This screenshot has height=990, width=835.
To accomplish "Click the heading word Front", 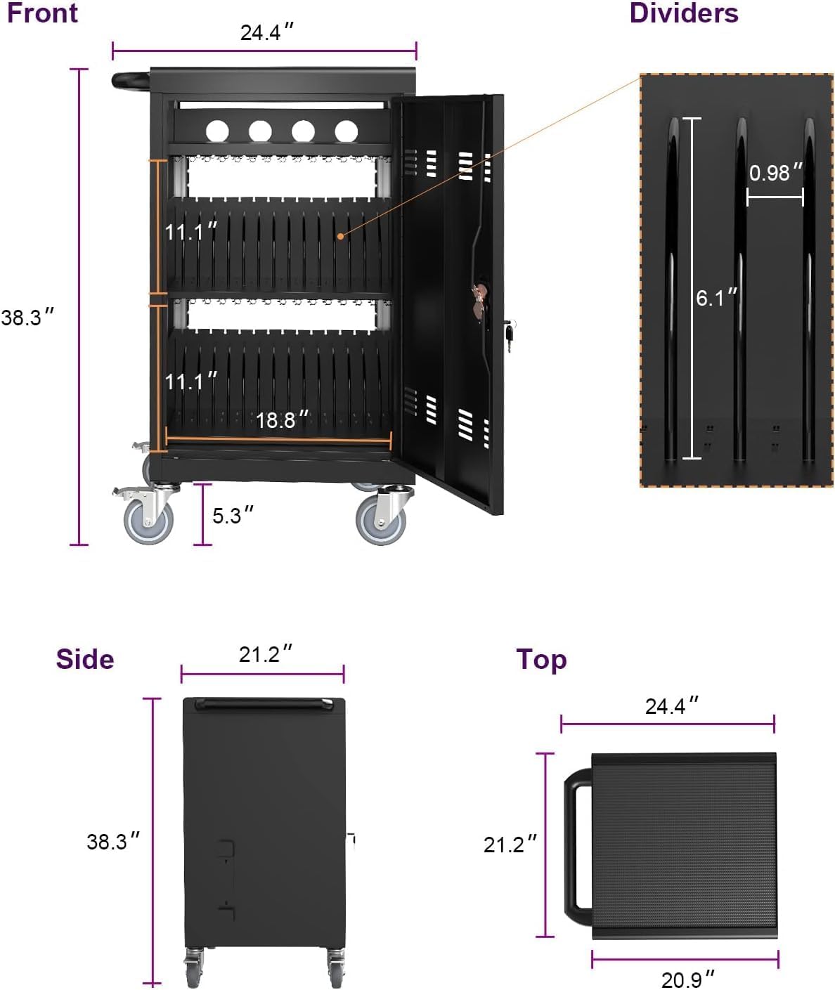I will click(42, 13).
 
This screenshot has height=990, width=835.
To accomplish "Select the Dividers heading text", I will click(683, 13).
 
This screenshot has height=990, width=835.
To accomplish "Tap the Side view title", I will click(84, 659).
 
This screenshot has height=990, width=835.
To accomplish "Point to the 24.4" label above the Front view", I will click(266, 32).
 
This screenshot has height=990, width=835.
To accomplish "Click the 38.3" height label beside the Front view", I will click(27, 318).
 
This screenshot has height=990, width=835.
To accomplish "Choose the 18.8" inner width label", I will click(281, 420).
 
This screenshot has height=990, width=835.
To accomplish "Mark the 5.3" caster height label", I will click(232, 516).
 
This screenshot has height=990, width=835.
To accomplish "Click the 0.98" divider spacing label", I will click(775, 173).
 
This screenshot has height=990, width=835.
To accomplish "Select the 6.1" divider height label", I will click(716, 298).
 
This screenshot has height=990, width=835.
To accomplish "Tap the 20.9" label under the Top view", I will click(687, 978).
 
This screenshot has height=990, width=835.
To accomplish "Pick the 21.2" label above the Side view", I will click(265, 654).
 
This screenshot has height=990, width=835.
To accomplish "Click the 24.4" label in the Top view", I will click(671, 705).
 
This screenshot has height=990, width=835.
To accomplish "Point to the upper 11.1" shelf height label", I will click(190, 231).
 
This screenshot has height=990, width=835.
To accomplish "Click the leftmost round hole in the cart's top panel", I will click(217, 130).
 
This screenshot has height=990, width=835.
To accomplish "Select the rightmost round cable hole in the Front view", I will click(346, 130).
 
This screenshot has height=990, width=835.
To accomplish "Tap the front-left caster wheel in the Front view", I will click(148, 521).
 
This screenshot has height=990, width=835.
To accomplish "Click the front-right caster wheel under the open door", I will click(380, 521).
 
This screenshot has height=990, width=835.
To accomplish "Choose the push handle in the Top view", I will click(576, 840).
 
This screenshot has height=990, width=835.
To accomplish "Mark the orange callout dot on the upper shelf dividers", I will click(340, 236).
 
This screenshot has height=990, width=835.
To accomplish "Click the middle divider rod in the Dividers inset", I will click(740, 288).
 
